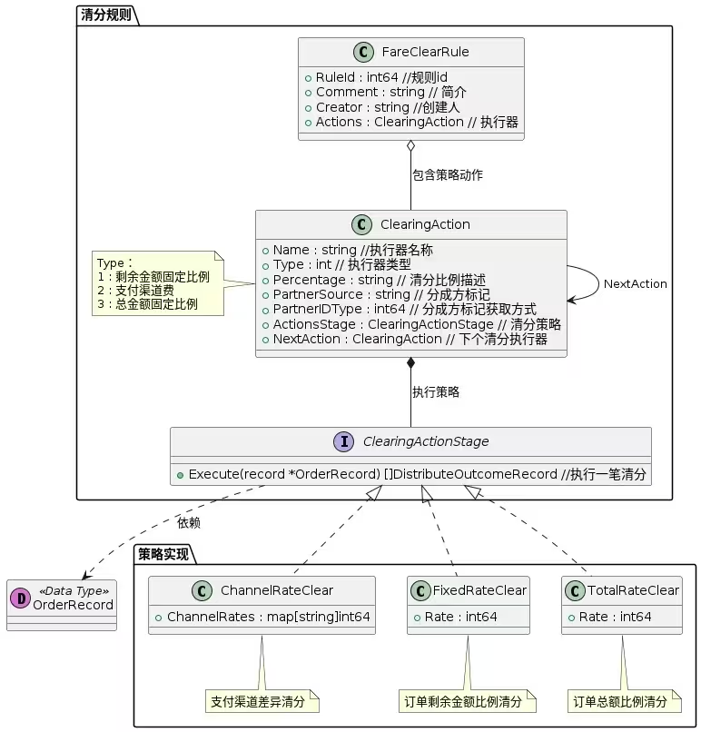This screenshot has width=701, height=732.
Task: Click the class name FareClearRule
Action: [x=425, y=52]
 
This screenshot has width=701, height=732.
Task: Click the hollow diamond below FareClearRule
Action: [x=411, y=147]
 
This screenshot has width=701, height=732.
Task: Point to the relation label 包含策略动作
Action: [x=448, y=174]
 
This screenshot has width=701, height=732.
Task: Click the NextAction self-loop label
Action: [x=635, y=283]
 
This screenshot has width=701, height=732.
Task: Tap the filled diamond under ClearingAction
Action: [x=411, y=364]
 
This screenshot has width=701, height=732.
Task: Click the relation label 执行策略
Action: [x=436, y=392]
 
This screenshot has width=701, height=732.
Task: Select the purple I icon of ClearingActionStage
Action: [x=344, y=441]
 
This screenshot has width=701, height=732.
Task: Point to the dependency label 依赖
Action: [x=189, y=523]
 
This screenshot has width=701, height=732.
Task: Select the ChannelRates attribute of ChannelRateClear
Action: [x=262, y=617]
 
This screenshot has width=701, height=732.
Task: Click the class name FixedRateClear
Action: [x=479, y=590]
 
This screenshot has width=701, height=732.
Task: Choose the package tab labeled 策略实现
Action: [x=164, y=552]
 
